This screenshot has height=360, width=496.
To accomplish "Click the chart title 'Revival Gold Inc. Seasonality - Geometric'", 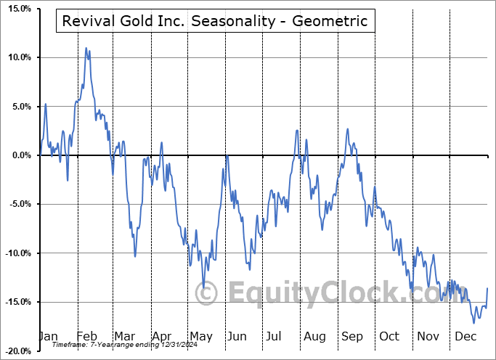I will click(x=216, y=21).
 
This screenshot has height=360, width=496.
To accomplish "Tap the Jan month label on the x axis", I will click(x=48, y=337).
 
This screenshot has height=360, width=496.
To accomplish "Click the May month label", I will click(x=201, y=337).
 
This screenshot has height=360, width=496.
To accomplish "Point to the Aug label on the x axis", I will click(x=314, y=337).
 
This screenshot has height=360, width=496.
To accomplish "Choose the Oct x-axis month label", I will click(x=389, y=337).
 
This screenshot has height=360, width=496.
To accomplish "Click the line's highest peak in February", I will click(x=86, y=49).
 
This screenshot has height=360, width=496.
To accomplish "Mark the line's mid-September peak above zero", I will click(x=348, y=129).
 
